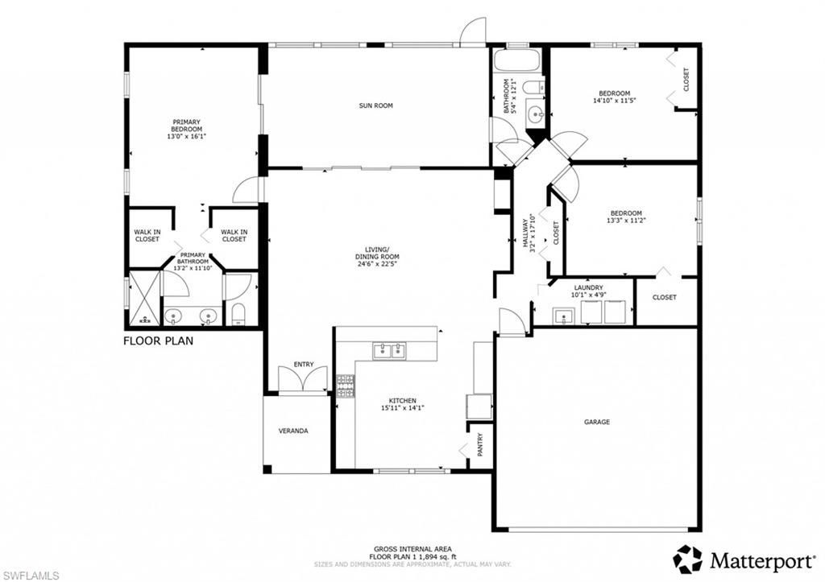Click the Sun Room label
[375, 105]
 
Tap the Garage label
[596, 422]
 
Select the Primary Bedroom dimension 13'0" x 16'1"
[186, 136]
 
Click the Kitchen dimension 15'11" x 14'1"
[402, 408]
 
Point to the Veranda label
[293, 431]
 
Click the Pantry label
[481, 445]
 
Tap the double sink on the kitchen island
[389, 350]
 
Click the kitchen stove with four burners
[345, 386]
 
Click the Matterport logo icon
[687, 559]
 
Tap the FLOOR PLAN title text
[158, 341]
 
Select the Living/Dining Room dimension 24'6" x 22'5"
[376, 263]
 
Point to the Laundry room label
[588, 287]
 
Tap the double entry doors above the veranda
[303, 379]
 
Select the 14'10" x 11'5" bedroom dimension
[614, 101]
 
